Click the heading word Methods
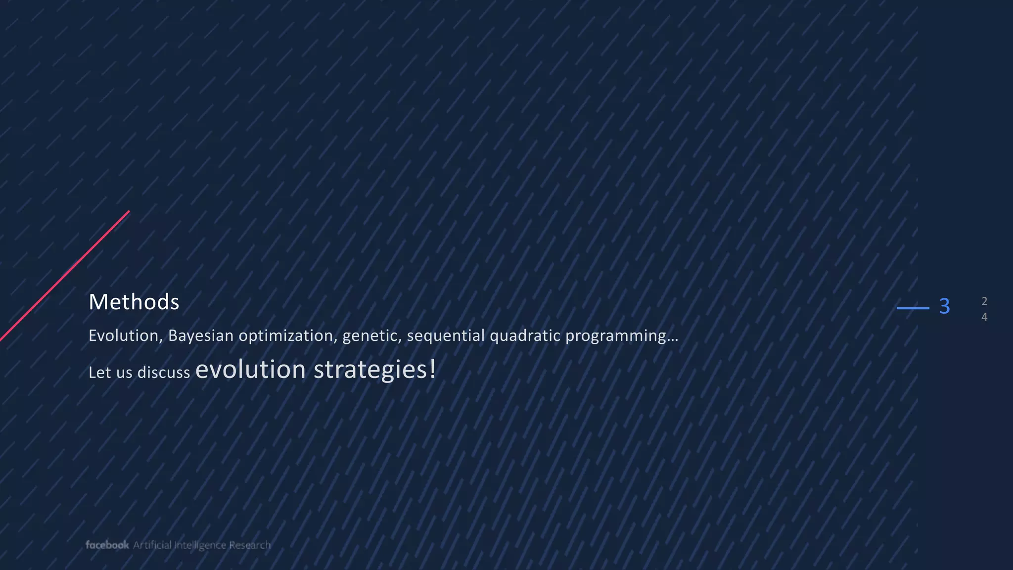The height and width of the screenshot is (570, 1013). (x=134, y=302)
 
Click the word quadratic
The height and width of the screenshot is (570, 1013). (x=525, y=336)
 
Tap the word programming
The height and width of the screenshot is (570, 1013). (x=616, y=336)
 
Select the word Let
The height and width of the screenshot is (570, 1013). (x=99, y=373)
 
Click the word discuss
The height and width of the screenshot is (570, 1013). (x=163, y=373)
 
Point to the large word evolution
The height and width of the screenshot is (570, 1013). (x=250, y=370)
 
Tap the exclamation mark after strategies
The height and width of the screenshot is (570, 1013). (x=433, y=369)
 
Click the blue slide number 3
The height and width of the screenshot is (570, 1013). (x=944, y=306)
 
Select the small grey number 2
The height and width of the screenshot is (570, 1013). (x=984, y=301)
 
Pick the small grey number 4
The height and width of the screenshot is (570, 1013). (x=984, y=317)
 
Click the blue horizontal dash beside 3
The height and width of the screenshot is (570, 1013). (x=913, y=308)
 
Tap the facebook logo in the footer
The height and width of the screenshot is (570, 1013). (x=107, y=545)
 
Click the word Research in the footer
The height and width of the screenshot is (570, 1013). (x=250, y=545)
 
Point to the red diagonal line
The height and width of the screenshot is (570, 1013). (x=64, y=276)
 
